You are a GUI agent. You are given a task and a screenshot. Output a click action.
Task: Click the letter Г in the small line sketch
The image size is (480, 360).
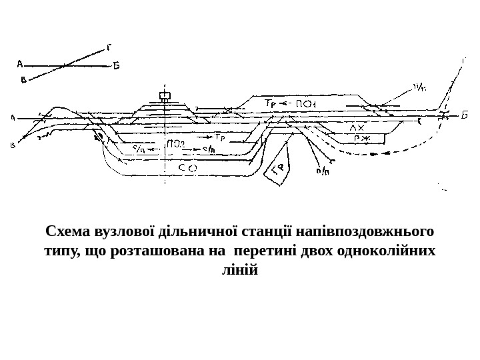[x=109, y=47]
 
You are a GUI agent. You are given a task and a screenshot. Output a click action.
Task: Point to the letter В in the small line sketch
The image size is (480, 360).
[x=24, y=81]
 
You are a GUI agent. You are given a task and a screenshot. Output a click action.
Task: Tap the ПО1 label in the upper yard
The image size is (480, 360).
[x=305, y=104]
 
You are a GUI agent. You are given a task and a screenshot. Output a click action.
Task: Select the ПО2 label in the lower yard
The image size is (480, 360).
[x=176, y=143]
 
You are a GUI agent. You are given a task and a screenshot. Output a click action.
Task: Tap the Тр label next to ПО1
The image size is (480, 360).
[x=271, y=104]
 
